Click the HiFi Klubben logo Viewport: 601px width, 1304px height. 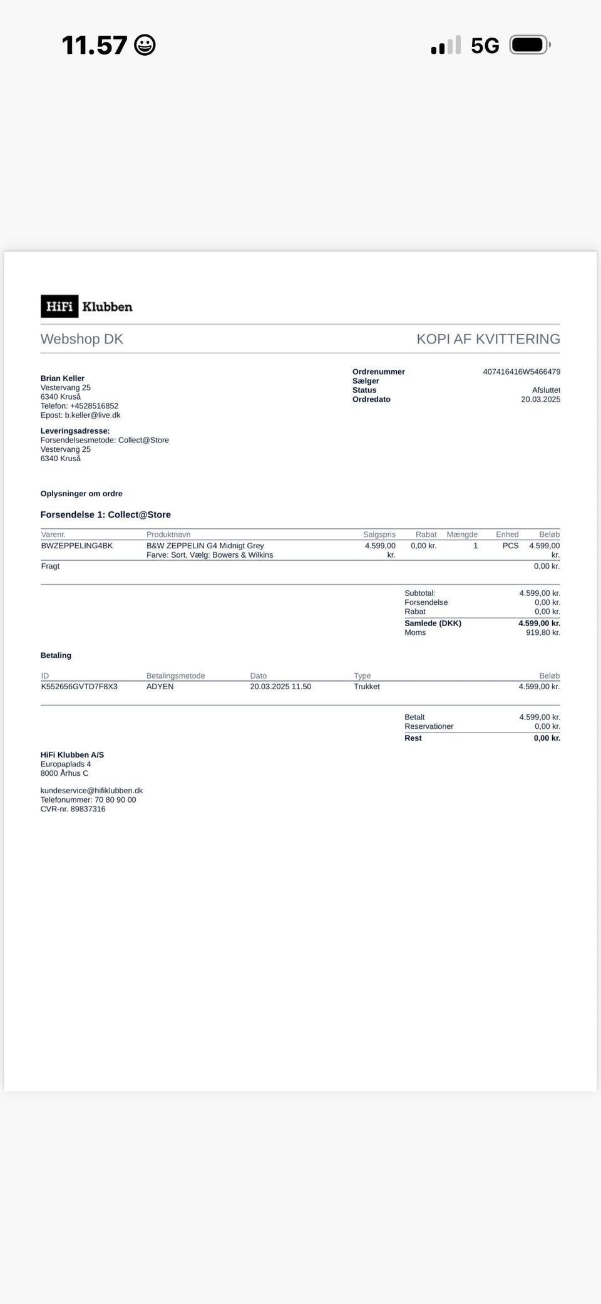coord(86,306)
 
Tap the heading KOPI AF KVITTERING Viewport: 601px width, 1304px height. coord(488,339)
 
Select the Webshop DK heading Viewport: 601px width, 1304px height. coord(82,339)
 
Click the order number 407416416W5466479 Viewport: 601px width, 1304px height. coord(521,372)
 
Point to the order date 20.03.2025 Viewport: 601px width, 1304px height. coord(540,399)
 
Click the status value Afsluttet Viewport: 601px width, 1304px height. coord(546,390)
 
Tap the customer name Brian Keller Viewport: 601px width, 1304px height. coord(63,378)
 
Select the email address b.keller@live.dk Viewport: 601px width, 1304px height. coord(92,415)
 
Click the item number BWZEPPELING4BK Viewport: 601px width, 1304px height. coord(77,546)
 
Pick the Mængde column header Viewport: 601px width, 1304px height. coord(462,535)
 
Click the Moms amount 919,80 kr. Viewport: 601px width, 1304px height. coord(543,632)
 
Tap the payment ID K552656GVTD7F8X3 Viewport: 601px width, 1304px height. coord(80,686)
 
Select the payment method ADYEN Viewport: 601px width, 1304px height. coord(160,686)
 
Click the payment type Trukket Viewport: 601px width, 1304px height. coord(367,686)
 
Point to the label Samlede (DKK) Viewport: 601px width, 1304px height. coord(433,623)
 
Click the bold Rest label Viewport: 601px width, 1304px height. coord(413,738)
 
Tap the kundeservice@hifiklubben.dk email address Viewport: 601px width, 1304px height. coord(91,790)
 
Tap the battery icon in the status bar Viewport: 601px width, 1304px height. coord(530,45)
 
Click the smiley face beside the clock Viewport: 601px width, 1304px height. coord(145,45)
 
